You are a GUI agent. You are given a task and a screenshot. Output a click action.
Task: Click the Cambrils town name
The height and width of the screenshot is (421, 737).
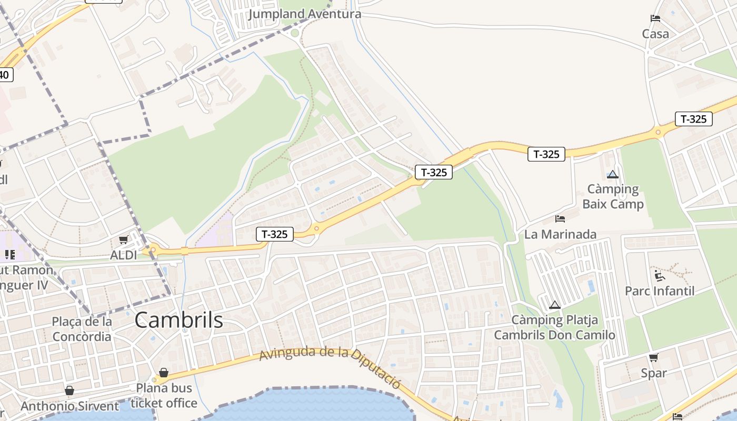178,320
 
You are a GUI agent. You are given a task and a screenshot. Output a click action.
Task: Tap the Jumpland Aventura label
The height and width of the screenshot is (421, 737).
305,14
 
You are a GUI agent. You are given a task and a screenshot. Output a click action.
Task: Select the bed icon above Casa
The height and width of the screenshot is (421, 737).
655,18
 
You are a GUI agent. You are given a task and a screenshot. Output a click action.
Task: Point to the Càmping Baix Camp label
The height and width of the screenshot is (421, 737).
613,196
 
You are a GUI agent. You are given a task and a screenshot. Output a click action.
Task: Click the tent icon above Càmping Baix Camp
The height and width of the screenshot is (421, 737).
612,174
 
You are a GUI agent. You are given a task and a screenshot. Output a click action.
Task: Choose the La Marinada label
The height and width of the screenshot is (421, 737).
560,234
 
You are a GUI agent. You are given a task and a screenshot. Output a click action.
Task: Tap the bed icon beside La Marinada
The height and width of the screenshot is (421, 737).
560,218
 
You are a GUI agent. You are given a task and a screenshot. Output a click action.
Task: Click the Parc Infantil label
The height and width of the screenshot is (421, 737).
660,290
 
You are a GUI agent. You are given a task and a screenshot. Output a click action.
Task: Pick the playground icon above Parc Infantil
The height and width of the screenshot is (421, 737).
659,275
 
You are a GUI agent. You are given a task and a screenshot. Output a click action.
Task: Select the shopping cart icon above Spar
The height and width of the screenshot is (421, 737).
653,358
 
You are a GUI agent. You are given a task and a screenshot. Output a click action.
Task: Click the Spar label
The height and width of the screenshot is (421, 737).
653,373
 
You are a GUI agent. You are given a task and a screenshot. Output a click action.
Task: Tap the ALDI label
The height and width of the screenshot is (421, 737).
123,255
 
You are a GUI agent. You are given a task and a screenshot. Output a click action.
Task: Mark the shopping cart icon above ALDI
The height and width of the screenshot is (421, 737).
123,240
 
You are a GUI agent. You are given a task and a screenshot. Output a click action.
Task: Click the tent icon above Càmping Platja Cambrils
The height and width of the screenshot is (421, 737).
554,305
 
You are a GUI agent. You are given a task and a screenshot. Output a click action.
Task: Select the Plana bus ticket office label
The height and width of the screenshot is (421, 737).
164,396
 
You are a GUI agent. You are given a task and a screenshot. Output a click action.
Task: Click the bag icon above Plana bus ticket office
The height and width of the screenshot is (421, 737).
164,373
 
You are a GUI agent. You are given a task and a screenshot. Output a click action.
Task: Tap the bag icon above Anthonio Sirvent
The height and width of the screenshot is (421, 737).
69,390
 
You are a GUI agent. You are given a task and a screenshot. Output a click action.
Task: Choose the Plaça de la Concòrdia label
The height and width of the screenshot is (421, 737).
82,329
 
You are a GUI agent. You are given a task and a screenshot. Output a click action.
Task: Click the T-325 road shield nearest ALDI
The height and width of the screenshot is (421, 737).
274,234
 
